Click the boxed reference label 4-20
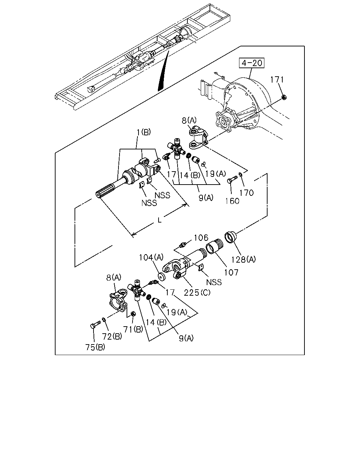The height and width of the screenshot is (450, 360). coord(252,63)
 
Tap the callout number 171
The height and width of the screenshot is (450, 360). coord(277,80)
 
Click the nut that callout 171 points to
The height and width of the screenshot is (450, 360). coord(284,97)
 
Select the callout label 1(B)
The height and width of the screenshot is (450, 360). coord(144,132)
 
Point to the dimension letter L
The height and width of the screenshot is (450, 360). coord(159,220)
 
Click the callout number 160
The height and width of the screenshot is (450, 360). coord(232,201)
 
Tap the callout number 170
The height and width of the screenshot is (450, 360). coord(246,193)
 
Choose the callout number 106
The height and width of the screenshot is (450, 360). coord(201,238)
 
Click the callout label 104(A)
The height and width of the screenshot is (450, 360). coord(151,257)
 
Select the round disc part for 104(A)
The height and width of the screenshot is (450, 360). coord(162,277)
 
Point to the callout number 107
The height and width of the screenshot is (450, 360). coord(231,272)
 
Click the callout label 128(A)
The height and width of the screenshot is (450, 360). coord(243,259)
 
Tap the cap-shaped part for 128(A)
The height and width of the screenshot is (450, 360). coord(230,237)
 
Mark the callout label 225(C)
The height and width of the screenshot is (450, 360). coord(197,293)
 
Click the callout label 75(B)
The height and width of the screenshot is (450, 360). coord(95,347)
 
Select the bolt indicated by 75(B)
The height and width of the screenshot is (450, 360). coord(95,325)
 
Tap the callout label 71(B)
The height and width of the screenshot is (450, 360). coord(133,329)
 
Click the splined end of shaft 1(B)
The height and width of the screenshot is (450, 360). coord(105,191)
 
